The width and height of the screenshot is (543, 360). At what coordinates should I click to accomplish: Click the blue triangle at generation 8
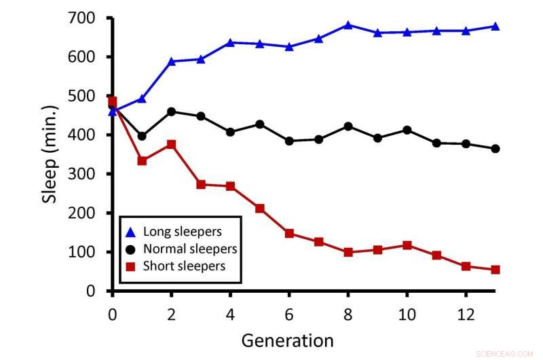pos(348,25)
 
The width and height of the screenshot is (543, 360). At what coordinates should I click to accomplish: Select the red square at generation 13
pos(495,270)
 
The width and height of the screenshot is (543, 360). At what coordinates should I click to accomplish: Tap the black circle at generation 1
pos(142,136)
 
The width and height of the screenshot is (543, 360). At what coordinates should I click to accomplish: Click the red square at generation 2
pos(171,145)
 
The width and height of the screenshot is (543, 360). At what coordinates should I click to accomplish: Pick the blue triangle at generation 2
pos(171,61)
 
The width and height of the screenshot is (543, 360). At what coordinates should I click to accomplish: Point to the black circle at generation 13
pos(495,149)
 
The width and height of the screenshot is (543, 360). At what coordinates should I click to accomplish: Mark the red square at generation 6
pos(289,234)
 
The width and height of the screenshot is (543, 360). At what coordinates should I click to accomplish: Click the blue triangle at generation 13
pos(495,26)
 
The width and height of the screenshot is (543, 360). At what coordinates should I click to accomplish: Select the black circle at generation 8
pos(348,126)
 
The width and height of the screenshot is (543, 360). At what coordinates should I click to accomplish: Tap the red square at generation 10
pos(407,245)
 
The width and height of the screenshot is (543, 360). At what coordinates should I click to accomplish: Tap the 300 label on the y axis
pos(85,174)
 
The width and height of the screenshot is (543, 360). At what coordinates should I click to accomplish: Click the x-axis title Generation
pos(287,340)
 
